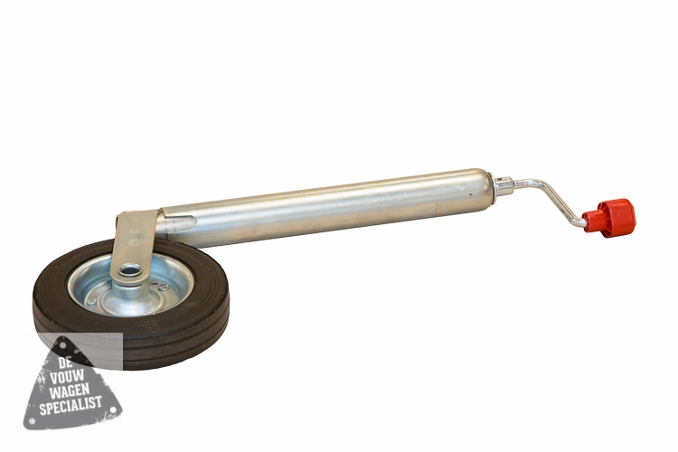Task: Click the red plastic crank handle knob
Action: coord(609,215)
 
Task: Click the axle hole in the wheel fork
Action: coord(128,271)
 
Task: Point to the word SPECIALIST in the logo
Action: coord(71,405)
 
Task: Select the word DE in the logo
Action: coord(64,362)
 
